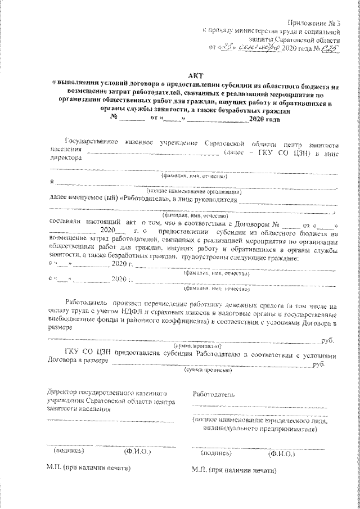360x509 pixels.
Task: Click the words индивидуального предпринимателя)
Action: click(x=260, y=429)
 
